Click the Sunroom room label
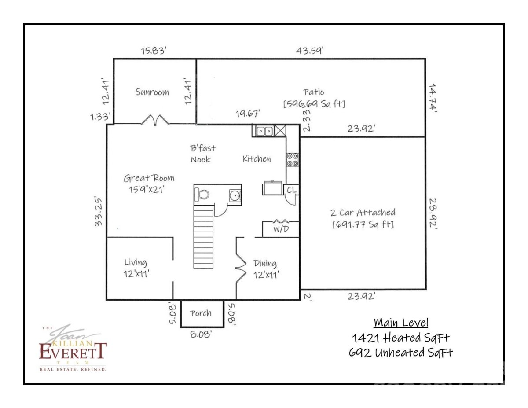tap(152, 92)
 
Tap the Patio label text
tap(314, 92)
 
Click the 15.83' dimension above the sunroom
tap(154, 51)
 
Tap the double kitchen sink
tap(264, 131)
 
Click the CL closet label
tap(291, 190)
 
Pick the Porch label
tap(201, 313)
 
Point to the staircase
tap(203, 238)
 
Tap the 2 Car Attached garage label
tap(363, 213)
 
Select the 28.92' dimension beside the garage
tap(434, 213)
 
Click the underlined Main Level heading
tap(401, 323)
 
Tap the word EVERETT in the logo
tap(73, 351)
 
